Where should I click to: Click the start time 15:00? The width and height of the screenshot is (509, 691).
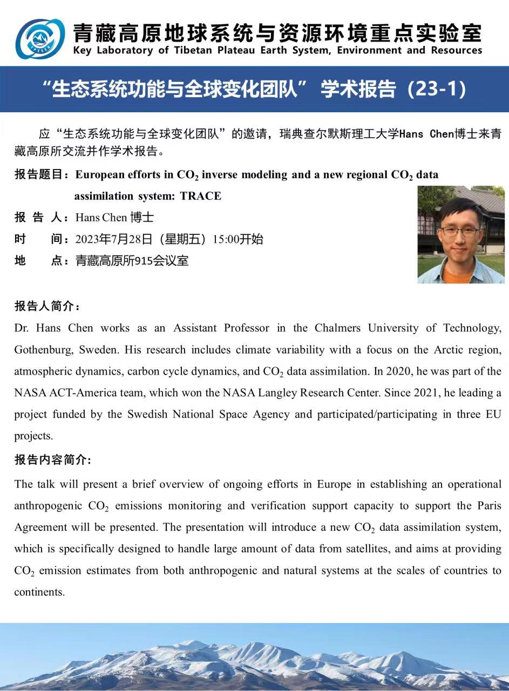(x=226, y=239)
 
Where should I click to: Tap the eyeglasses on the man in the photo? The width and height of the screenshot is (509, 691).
(x=458, y=232)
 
